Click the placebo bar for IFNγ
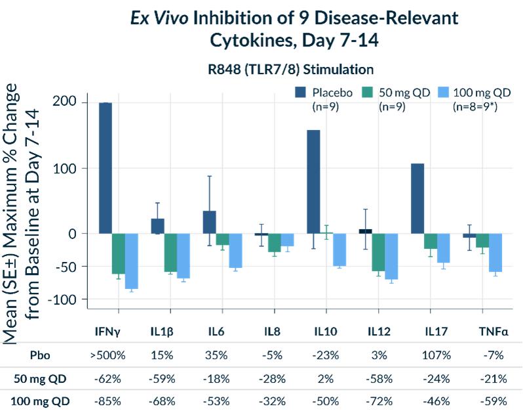pos(105,167)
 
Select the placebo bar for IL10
pos(313,182)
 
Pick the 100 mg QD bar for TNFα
pos(495,253)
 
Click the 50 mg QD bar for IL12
pos(378,252)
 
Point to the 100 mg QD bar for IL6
pos(235,250)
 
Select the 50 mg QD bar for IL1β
pos(170,253)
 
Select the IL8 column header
pos(274,331)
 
